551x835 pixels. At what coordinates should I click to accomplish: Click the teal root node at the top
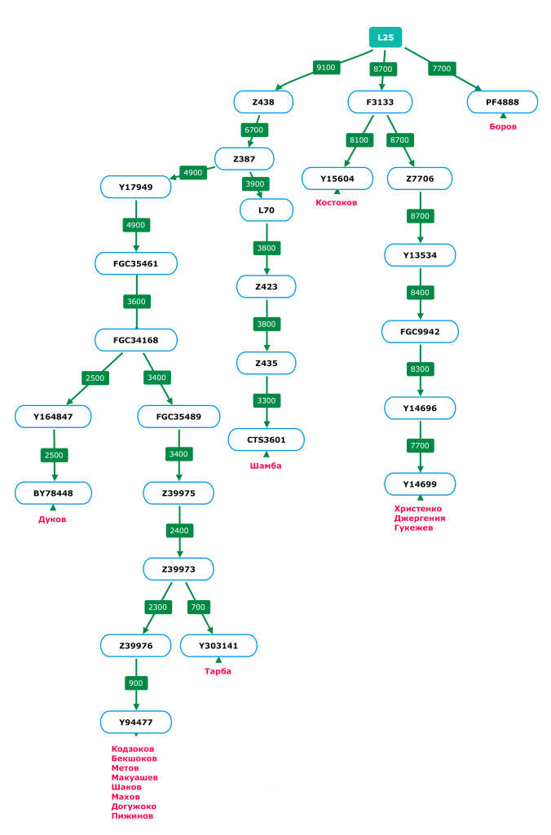pos(386,38)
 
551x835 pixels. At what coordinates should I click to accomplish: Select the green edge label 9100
pos(326,68)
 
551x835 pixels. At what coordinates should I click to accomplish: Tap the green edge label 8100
pos(359,139)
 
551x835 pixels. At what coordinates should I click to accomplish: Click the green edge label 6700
pos(254,130)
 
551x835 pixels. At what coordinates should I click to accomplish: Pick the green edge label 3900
pos(255,183)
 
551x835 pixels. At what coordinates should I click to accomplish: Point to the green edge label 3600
pos(136,301)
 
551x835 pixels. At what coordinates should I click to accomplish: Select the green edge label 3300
pos(267,400)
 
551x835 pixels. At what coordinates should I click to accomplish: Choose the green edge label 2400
pos(178,530)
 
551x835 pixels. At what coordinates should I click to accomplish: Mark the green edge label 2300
pos(157,607)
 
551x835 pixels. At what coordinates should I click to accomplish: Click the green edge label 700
pos(198,607)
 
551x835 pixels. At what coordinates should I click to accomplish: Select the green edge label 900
pos(135,683)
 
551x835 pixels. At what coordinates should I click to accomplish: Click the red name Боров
pos(503,126)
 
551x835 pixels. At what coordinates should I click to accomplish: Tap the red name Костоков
pos(336,202)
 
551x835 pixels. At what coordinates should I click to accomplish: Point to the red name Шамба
pos(266,466)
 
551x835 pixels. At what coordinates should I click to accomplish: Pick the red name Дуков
pos(53,519)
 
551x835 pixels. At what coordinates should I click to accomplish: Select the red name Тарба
pos(218,672)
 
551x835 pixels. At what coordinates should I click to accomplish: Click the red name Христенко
pos(418,509)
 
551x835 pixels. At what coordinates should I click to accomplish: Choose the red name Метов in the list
pos(126,768)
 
